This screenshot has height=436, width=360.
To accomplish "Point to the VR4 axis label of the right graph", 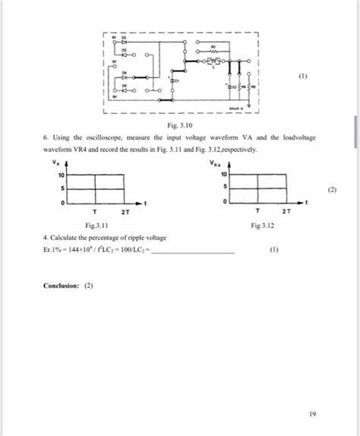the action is [x=217, y=162].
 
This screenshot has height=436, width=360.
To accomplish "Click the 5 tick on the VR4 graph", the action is [x=226, y=188].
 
